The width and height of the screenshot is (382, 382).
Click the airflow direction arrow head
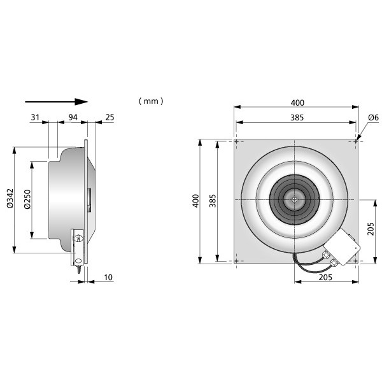(81, 102)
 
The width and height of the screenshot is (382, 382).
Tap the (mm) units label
(151, 101)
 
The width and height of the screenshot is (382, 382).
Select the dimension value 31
(35, 117)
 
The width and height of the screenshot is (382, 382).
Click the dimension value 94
(73, 117)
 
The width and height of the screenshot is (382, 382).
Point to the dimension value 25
(110, 117)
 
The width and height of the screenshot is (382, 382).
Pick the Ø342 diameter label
(10, 198)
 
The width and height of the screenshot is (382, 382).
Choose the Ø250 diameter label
(27, 199)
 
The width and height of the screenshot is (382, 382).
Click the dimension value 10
(108, 277)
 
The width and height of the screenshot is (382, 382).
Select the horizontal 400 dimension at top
(297, 103)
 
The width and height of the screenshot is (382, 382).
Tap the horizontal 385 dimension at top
(297, 118)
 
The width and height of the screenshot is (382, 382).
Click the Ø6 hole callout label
(374, 118)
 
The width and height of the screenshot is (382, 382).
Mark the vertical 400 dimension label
(195, 201)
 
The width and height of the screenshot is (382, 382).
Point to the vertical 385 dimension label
(213, 201)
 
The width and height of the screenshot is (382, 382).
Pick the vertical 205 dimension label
(371, 229)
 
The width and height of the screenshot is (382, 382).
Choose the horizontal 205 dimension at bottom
(325, 277)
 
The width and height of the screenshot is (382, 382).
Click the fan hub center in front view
(295, 199)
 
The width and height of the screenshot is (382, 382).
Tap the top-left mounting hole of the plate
(236, 141)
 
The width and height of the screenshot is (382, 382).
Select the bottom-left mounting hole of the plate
(236, 261)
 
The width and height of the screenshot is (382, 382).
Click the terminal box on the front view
(343, 246)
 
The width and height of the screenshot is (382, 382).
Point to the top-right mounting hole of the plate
(356, 141)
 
